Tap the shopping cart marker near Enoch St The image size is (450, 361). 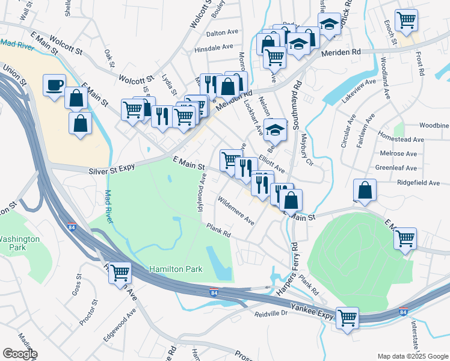(407, 20)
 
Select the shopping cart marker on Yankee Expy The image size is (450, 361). (347, 318)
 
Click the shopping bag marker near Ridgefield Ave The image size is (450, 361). (365, 190)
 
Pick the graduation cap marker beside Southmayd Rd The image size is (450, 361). (276, 129)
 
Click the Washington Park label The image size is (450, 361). (19, 243)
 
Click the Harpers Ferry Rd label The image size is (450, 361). (288, 268)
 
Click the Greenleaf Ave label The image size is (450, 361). (396, 168)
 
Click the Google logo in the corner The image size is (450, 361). (20, 354)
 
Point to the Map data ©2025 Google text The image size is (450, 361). (412, 356)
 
